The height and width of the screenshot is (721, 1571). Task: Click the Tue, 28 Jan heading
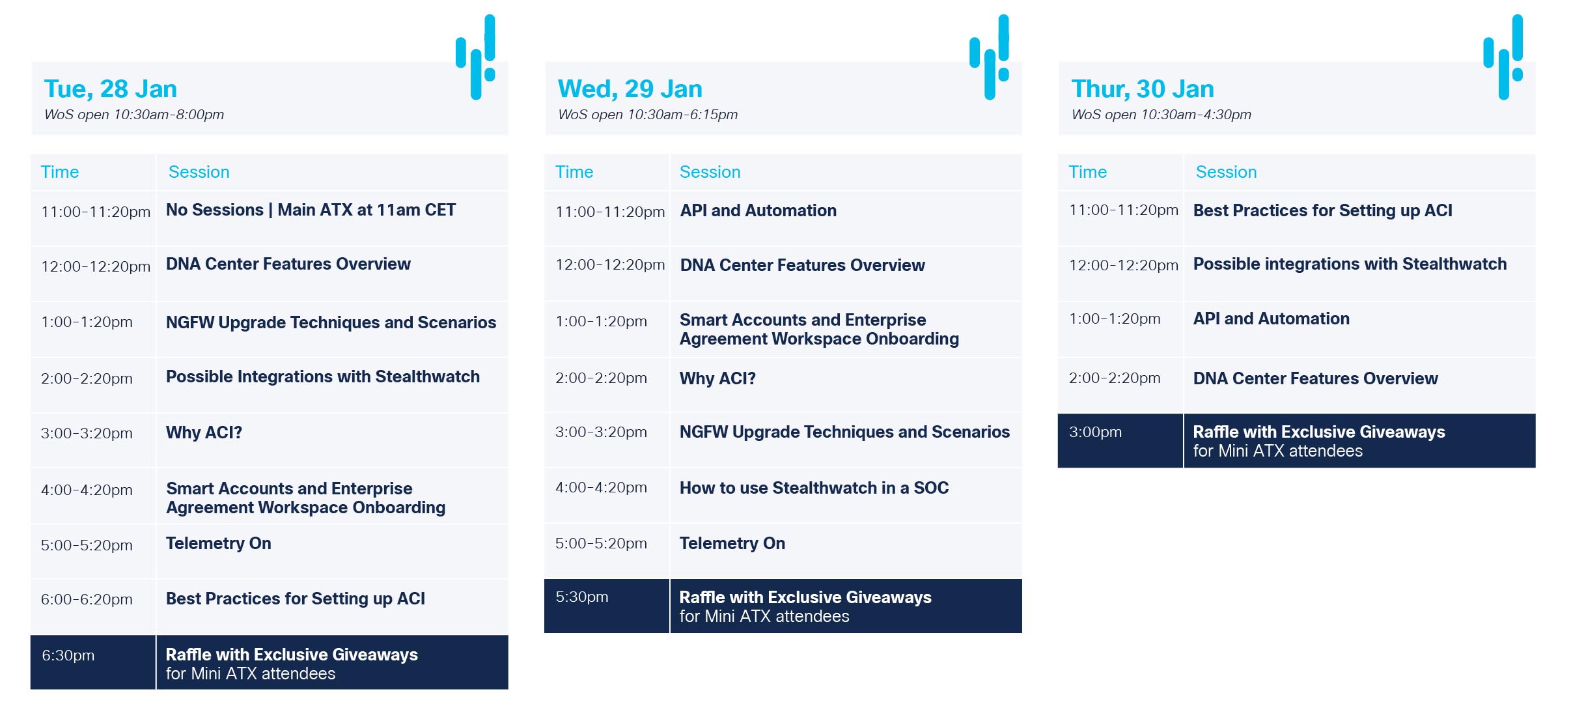tap(111, 89)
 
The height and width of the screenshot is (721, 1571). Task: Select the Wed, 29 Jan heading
tap(630, 89)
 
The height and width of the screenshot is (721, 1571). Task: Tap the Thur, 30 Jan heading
tap(1143, 89)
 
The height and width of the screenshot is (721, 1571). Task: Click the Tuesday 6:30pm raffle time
tap(68, 655)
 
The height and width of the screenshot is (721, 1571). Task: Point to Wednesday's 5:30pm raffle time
tap(581, 597)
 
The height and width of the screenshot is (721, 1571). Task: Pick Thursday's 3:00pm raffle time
tap(1095, 432)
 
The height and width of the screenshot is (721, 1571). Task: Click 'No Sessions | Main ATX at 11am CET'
tap(311, 210)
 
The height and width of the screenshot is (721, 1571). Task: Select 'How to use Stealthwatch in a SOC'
tap(814, 488)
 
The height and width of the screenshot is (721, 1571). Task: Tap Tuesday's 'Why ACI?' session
tap(204, 432)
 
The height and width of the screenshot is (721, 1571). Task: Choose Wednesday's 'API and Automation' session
tap(758, 210)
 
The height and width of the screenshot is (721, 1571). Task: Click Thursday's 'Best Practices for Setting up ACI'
tap(1322, 210)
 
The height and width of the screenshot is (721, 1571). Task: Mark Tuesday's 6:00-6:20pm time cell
tap(87, 599)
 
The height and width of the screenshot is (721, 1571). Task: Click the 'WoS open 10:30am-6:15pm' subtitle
tap(648, 115)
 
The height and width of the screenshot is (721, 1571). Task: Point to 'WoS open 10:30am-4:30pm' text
tap(1161, 115)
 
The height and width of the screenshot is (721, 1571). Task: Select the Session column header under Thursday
tap(1226, 172)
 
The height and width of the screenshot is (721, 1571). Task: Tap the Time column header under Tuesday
tap(60, 172)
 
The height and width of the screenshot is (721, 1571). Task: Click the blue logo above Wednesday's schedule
tap(990, 57)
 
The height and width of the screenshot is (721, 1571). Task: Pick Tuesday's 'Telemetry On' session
tap(219, 543)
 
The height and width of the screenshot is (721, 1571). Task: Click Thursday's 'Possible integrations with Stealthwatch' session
tap(1350, 264)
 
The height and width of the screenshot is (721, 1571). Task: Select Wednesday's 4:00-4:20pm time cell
tap(601, 487)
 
